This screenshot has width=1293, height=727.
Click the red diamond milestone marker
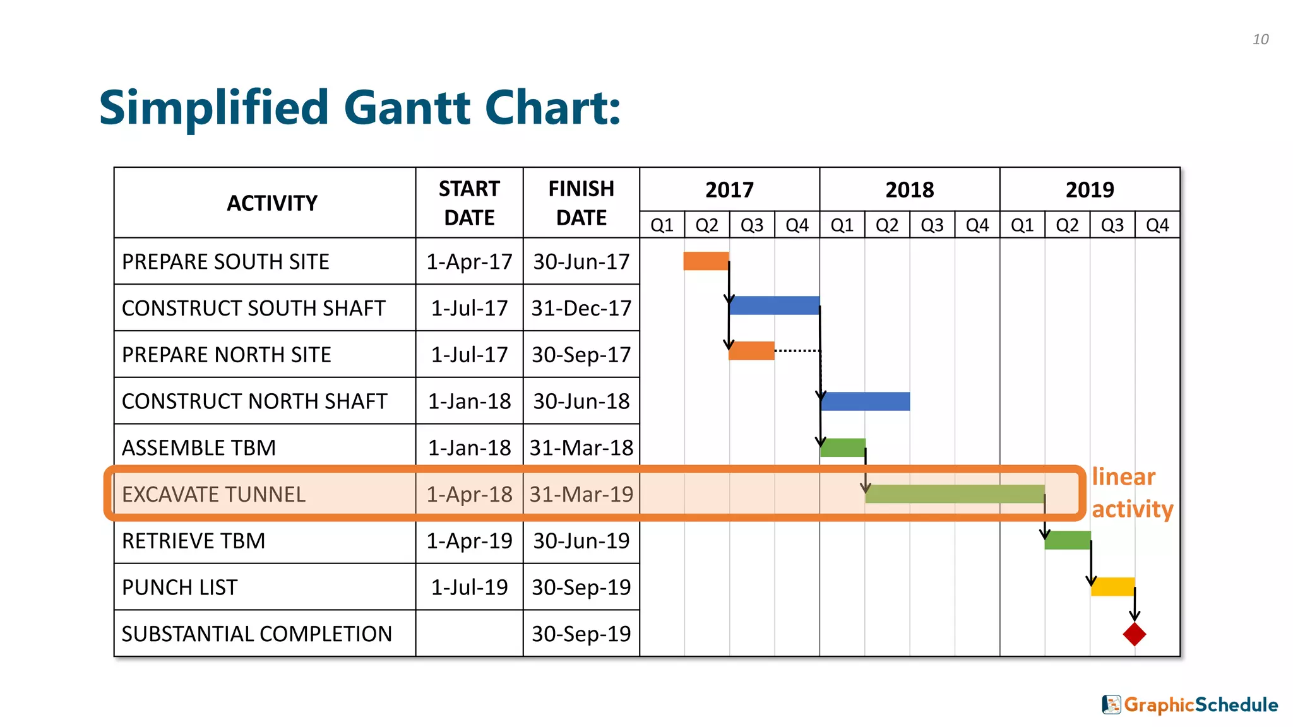(x=1134, y=634)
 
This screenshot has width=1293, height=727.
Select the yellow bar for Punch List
(x=1112, y=587)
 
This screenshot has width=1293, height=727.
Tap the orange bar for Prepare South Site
(x=706, y=261)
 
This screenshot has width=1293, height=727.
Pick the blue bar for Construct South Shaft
(x=775, y=305)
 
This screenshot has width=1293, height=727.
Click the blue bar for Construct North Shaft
(x=866, y=401)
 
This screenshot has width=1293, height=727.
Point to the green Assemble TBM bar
(x=843, y=447)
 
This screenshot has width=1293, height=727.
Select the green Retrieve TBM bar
(x=1068, y=540)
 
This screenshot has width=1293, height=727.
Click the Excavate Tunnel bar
(x=955, y=494)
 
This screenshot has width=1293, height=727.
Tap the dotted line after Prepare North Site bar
(x=797, y=350)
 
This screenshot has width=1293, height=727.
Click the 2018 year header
(x=909, y=189)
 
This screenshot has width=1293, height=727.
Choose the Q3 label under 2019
(x=1112, y=225)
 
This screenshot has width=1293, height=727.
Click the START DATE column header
(x=469, y=203)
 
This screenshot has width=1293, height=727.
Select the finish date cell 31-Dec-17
(x=581, y=308)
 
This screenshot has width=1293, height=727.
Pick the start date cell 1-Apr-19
(x=469, y=541)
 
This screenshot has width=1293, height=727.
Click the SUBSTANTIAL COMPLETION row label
(x=257, y=634)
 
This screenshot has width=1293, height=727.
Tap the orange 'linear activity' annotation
(x=1132, y=493)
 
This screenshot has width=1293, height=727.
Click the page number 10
(x=1260, y=39)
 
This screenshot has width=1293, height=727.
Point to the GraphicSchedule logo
(x=1190, y=704)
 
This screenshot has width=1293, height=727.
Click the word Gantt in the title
(x=408, y=107)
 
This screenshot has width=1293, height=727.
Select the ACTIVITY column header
(x=271, y=203)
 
